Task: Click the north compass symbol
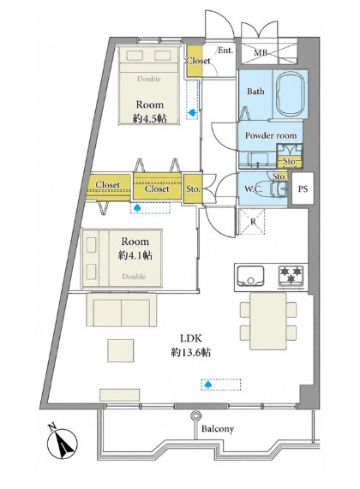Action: click(62, 444)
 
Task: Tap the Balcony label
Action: click(218, 429)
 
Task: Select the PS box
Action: click(303, 188)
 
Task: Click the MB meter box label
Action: click(261, 53)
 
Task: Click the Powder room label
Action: click(271, 135)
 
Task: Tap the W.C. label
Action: click(254, 188)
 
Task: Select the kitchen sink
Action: click(250, 276)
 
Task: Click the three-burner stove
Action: click(291, 276)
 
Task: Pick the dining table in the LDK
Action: click(268, 321)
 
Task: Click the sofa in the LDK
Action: click(122, 310)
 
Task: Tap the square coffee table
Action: click(121, 350)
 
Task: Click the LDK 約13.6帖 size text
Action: click(191, 345)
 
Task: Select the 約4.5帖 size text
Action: click(149, 118)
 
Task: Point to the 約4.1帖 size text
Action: click(135, 256)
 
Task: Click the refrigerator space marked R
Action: click(252, 222)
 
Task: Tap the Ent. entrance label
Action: click(225, 51)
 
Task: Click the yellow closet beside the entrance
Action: click(195, 62)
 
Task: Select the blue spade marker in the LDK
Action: click(207, 385)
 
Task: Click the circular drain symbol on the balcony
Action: click(195, 415)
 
